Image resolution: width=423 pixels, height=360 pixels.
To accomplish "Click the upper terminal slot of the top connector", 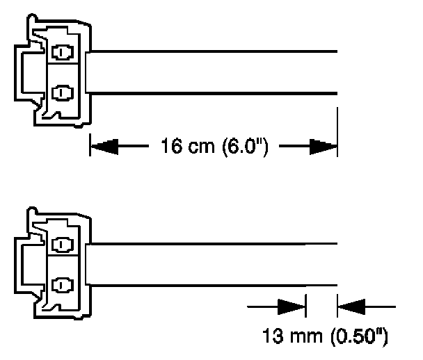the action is (63, 53).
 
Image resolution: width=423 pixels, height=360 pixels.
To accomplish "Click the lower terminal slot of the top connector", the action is (63, 91).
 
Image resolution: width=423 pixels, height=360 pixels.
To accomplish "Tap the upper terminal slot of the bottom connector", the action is (63, 245).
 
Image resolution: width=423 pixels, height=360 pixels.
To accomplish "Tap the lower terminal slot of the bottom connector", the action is (63, 284).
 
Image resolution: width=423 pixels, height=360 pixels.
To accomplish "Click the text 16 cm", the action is (183, 147).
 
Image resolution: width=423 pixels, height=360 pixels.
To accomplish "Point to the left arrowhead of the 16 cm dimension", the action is (104, 147).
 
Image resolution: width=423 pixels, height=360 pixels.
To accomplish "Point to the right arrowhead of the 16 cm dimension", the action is (323, 147).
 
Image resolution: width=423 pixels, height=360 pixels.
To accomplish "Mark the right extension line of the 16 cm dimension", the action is (337, 132).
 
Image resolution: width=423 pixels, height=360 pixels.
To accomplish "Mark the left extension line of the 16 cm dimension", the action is (89, 139).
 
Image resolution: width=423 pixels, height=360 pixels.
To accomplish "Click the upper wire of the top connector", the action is (209, 52).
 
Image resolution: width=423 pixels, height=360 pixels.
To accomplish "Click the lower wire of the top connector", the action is (209, 92).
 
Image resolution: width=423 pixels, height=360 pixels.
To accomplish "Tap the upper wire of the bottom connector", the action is (209, 244).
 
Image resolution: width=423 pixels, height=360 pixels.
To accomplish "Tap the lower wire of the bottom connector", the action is (209, 284).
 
